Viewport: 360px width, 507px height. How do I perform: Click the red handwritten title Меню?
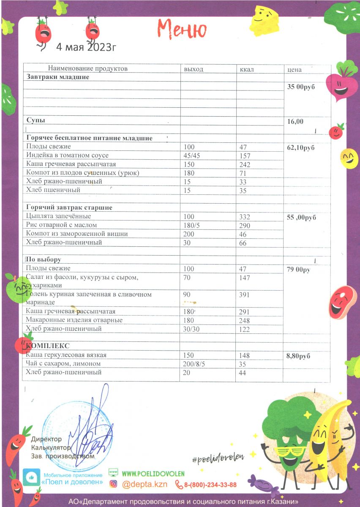click(x=182, y=29)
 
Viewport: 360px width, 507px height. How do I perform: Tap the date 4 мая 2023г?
click(x=86, y=46)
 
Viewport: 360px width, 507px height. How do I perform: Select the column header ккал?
click(x=247, y=69)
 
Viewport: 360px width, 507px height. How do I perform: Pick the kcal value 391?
click(x=245, y=295)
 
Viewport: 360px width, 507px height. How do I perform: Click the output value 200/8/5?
click(x=194, y=364)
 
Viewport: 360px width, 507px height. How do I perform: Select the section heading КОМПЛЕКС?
click(x=48, y=346)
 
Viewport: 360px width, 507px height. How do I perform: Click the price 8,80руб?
click(x=298, y=356)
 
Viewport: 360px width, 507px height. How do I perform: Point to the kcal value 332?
click(x=245, y=217)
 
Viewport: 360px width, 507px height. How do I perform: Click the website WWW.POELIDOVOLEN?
click(x=153, y=473)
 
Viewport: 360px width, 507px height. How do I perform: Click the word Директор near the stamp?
click(x=46, y=439)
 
